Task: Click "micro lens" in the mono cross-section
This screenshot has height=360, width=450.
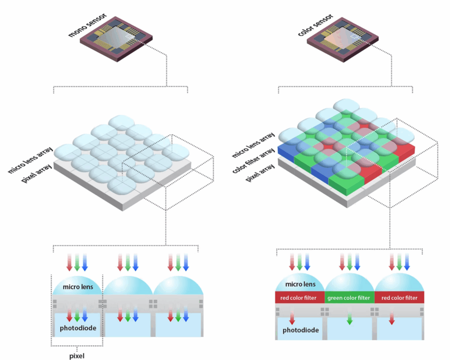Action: click(77, 287)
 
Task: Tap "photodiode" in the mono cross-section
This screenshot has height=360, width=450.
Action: click(77, 328)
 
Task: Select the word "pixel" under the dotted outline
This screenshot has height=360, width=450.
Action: click(77, 356)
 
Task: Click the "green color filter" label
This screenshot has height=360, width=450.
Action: click(349, 298)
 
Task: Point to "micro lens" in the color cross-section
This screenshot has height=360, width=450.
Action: click(300, 284)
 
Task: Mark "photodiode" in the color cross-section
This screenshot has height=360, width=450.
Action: click(301, 330)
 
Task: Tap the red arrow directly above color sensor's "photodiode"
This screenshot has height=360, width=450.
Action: click(292, 315)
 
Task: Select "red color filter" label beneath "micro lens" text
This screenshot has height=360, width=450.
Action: click(300, 298)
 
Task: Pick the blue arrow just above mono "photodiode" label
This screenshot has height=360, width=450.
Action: click(85, 315)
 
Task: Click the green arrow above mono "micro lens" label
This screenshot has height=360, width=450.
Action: click(77, 262)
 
